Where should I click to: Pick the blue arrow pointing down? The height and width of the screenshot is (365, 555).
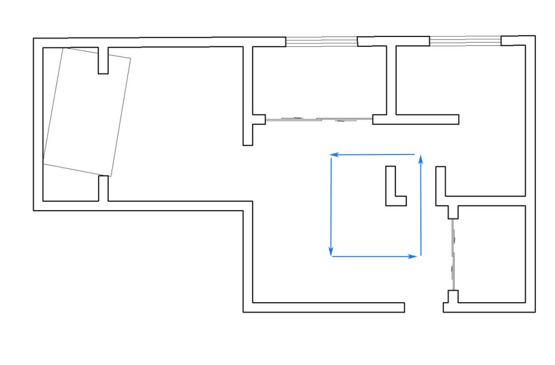pyautogui.click(x=331, y=206)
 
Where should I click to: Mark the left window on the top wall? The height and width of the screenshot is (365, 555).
pyautogui.click(x=321, y=41)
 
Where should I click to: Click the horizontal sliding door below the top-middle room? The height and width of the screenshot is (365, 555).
pyautogui.click(x=319, y=119)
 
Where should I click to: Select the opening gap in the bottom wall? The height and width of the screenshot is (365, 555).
pyautogui.click(x=424, y=307)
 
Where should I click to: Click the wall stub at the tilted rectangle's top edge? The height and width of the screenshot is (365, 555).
pyautogui.click(x=103, y=61)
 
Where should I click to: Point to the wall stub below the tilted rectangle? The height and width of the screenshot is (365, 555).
pyautogui.click(x=103, y=188)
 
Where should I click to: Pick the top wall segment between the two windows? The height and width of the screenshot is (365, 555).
pyautogui.click(x=393, y=41)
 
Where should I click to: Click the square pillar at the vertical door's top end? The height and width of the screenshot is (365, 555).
pyautogui.click(x=453, y=212)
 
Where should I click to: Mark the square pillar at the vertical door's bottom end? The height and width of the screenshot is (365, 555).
pyautogui.click(x=453, y=297)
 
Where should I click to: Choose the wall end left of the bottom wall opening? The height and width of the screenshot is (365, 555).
pyautogui.click(x=401, y=307)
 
